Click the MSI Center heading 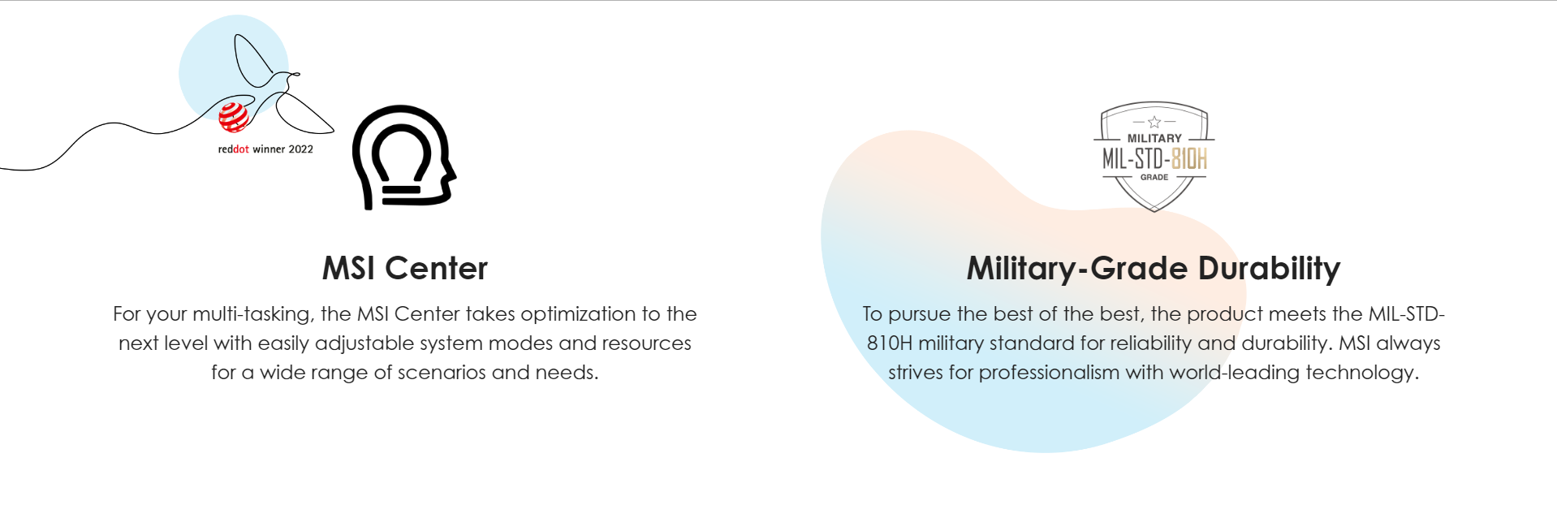coord(405,269)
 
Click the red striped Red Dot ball coord(234,117)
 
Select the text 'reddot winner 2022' coord(265,149)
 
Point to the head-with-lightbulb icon coord(403,158)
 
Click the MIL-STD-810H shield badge coord(1154,157)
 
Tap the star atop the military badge coord(1154,122)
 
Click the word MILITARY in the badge coord(1154,139)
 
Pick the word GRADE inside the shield coord(1154,177)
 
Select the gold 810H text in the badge coord(1189,158)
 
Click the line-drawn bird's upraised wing coord(252,60)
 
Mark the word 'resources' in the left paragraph coord(646,344)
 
